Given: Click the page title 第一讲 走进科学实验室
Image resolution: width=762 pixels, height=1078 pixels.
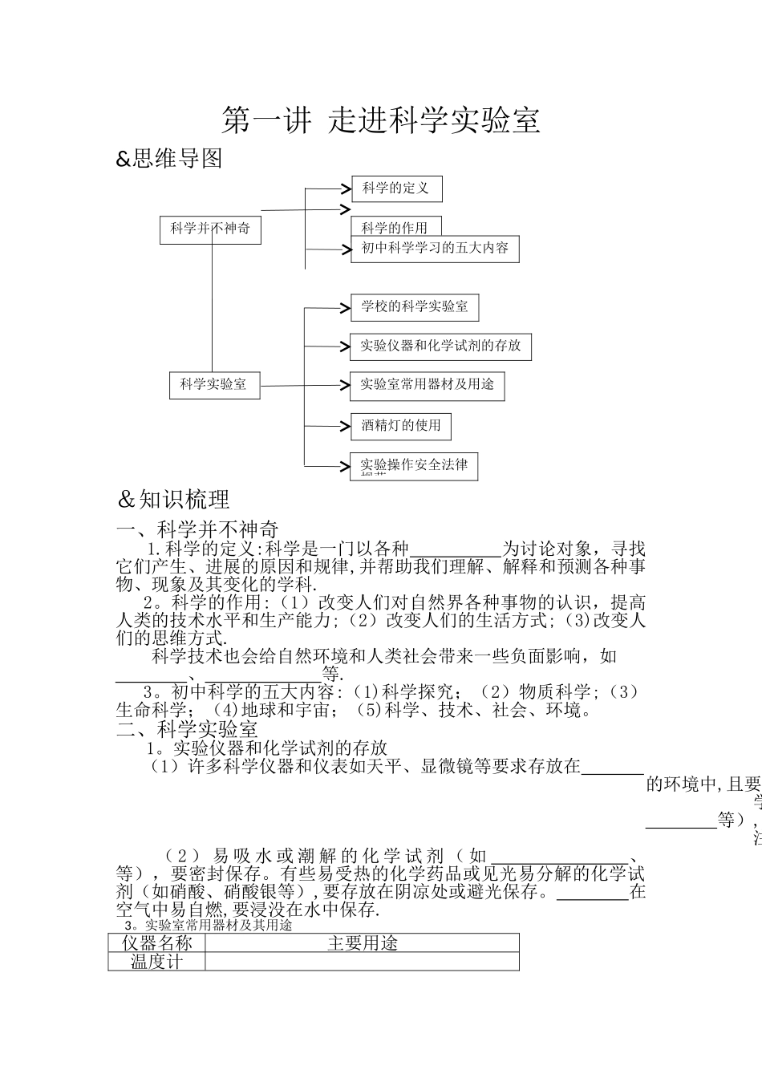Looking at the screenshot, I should (380, 120).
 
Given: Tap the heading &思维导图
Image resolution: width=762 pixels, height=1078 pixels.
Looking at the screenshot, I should (169, 159).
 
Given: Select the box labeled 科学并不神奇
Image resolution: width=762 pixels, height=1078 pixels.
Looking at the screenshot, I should (211, 229).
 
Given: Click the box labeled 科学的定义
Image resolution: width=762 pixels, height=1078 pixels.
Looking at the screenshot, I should (396, 188).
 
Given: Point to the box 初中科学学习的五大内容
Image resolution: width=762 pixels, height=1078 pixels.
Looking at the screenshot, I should (435, 248).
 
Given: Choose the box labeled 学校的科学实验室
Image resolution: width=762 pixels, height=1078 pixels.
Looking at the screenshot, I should (414, 306).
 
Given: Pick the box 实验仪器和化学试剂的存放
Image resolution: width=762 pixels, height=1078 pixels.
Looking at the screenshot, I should (440, 346).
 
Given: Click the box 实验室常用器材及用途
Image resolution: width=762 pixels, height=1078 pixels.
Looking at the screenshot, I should (428, 385).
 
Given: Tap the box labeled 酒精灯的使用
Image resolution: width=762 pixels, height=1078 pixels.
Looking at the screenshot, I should (401, 425).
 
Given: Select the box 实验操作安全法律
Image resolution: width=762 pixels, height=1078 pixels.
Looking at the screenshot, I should (414, 465).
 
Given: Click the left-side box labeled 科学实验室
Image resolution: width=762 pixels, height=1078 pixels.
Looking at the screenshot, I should (213, 385).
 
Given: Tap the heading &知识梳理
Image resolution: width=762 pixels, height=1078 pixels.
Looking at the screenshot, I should (173, 500).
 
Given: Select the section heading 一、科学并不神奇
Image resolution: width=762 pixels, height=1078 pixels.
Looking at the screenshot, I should (197, 529).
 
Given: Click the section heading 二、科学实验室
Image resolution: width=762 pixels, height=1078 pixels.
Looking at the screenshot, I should (187, 729).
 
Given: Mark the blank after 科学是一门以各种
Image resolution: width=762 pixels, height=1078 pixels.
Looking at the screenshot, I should (455, 550).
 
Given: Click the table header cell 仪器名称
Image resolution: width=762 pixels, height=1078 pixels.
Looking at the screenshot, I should (157, 943).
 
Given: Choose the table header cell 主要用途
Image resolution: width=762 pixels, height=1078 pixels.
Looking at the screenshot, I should (363, 943).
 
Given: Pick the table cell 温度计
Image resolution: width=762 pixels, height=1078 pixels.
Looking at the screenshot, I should (157, 962).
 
